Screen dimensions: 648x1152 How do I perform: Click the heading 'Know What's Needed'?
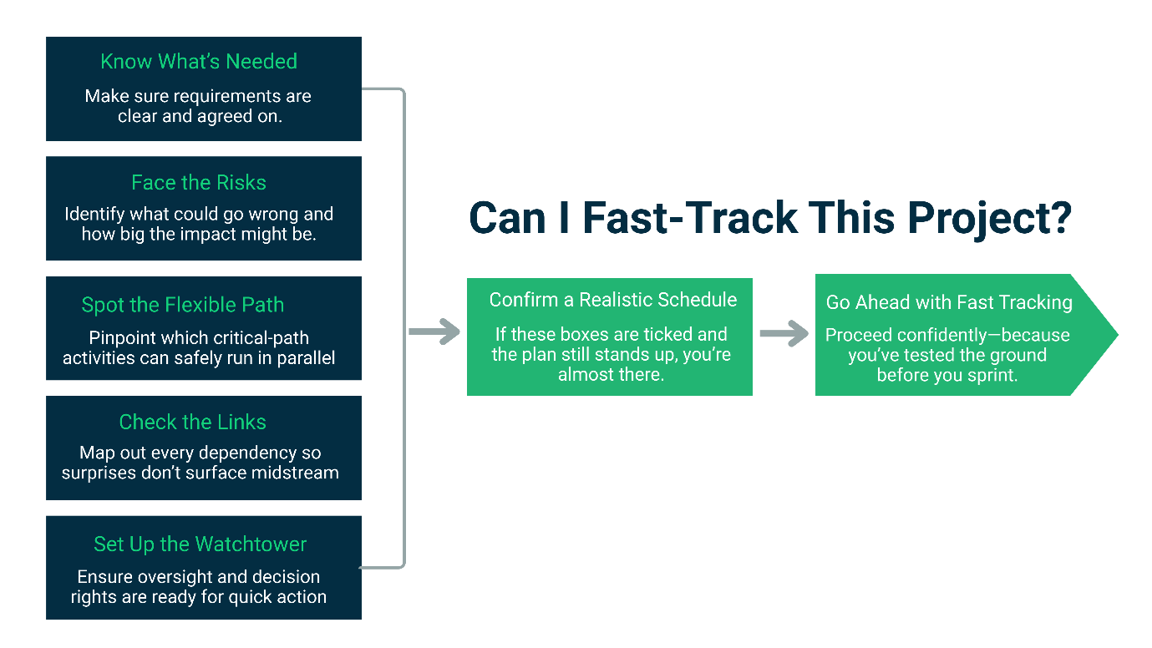199,62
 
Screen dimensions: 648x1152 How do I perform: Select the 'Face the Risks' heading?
199,183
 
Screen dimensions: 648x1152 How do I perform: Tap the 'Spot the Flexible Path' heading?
183,305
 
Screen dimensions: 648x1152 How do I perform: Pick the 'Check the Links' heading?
193,423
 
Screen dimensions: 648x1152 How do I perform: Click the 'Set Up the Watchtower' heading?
200,544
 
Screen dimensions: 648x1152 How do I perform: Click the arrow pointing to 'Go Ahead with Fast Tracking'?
784,334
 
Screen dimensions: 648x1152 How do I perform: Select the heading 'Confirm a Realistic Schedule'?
613,300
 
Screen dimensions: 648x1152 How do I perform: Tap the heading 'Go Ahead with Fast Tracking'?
949,302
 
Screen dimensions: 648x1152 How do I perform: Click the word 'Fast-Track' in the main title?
690,218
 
